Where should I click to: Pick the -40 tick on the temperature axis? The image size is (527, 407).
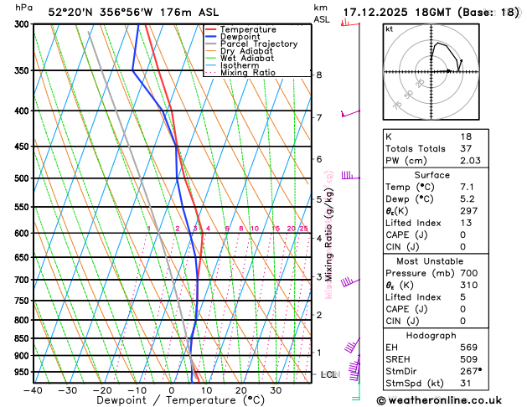[x=33, y=390]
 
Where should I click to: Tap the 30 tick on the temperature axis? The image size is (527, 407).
[x=276, y=390]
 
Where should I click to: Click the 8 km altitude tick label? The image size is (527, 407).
[x=319, y=75]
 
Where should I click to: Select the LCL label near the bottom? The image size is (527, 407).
[x=328, y=374]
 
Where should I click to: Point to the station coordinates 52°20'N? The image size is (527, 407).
[x=74, y=13]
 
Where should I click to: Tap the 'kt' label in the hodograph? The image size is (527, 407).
[x=389, y=29]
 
